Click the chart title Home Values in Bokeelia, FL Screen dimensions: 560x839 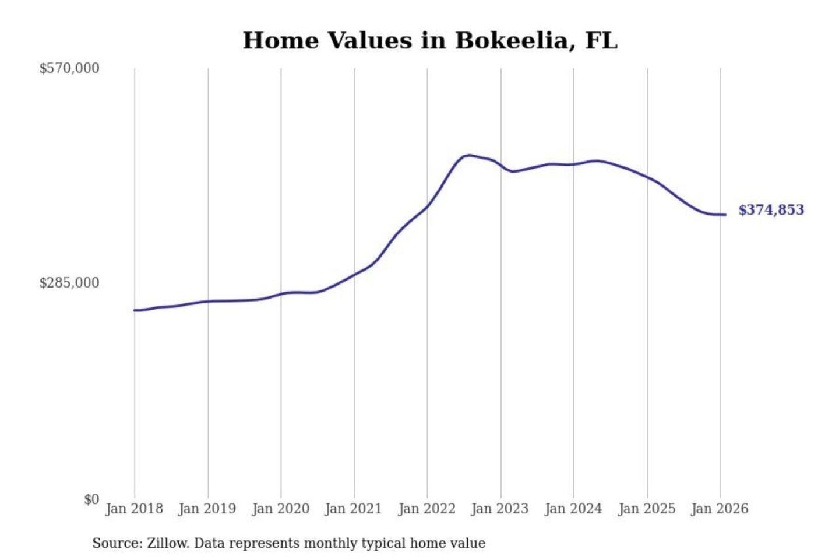coord(429,41)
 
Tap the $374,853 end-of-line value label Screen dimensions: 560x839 coord(771,210)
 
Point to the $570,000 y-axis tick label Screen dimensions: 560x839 coord(69,68)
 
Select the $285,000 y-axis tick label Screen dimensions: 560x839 coord(69,283)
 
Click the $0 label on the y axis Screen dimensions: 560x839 coord(91,499)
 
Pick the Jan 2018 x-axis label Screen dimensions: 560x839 coord(134,509)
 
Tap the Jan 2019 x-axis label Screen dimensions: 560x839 coord(207,509)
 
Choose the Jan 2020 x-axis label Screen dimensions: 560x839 coord(280,509)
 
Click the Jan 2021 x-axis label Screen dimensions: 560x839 coord(353,509)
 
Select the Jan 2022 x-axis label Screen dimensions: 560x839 coord(426,509)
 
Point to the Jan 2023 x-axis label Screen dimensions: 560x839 coord(499,509)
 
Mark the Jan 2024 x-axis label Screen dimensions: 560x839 coord(573,509)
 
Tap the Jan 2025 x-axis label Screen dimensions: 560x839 coord(646,509)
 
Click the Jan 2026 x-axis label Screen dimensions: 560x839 coord(720,509)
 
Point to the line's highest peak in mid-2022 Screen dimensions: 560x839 coord(468,155)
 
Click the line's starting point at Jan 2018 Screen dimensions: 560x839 coord(135,310)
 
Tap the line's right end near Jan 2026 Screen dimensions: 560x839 coord(725,215)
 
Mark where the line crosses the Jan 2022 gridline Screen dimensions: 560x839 coord(427,206)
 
